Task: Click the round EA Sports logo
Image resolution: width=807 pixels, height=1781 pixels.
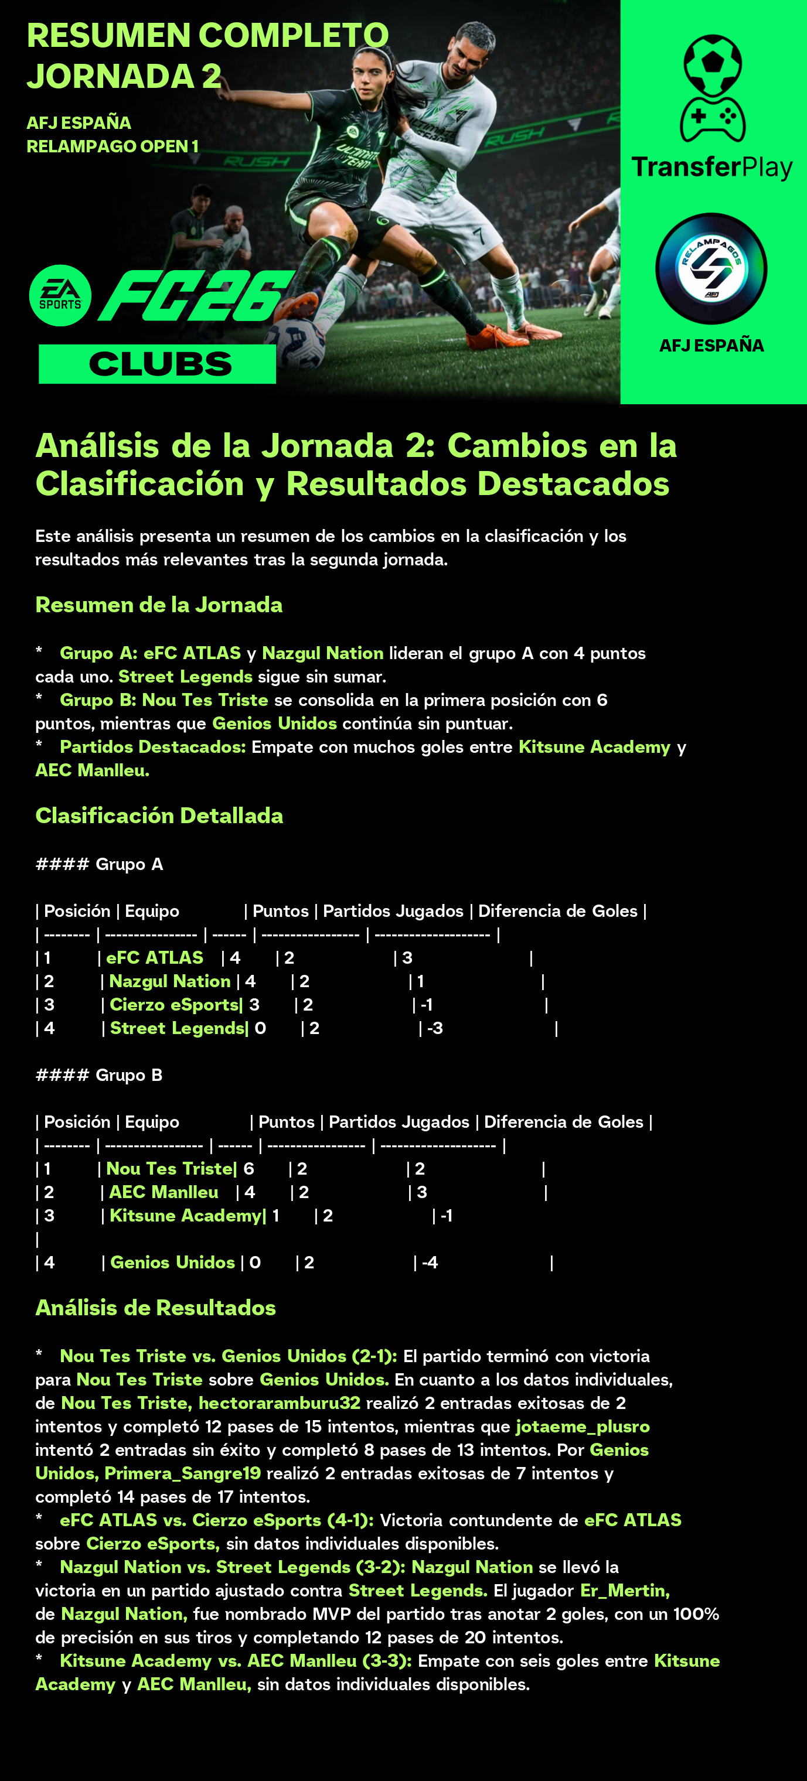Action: coord(60,295)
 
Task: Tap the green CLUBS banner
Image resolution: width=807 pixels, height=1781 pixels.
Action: coord(158,364)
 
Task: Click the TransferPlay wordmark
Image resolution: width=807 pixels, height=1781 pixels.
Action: coord(711,168)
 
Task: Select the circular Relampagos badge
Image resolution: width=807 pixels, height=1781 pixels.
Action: coord(711,268)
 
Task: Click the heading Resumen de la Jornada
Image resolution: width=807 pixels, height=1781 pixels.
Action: coord(159,605)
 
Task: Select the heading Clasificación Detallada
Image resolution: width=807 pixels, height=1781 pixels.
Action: coord(159,816)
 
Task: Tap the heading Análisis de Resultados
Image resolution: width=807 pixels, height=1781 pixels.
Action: coord(155,1308)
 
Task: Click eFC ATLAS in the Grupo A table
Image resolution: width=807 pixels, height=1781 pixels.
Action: coord(154,957)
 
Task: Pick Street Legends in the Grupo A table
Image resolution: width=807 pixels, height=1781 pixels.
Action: coord(177,1028)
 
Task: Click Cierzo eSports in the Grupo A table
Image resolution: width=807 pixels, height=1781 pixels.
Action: coord(174,1005)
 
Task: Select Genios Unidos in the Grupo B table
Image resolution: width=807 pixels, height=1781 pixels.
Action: coord(172,1263)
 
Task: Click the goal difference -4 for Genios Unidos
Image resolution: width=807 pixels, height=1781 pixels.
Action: coord(430,1263)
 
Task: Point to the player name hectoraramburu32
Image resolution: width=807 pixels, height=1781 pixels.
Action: coord(280,1403)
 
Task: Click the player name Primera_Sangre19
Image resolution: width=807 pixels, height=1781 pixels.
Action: coord(183,1473)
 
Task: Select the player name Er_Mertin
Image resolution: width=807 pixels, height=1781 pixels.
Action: coord(624,1590)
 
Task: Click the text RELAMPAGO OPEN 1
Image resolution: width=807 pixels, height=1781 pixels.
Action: coord(113,146)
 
